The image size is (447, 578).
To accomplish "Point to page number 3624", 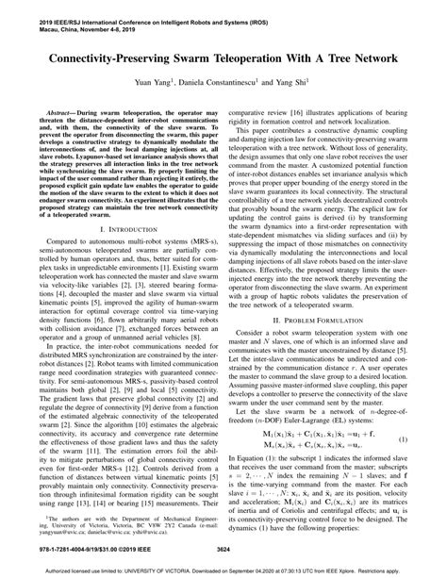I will coord(223,549).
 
